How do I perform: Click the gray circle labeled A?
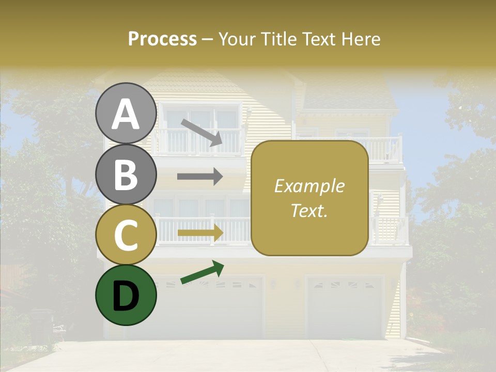pos(126,114)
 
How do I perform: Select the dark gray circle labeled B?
pos(126,174)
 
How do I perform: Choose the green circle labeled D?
pos(126,295)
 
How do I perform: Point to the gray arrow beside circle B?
pos(200,177)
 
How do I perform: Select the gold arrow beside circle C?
pos(200,233)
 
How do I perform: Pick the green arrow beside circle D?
pos(202,272)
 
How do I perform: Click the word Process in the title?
pos(162,39)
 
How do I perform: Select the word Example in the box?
pos(309,186)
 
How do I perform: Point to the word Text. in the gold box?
pos(309,210)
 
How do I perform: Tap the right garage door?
pos(345,307)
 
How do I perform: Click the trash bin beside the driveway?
pos(41,326)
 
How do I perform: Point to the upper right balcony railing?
pos(382,149)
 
